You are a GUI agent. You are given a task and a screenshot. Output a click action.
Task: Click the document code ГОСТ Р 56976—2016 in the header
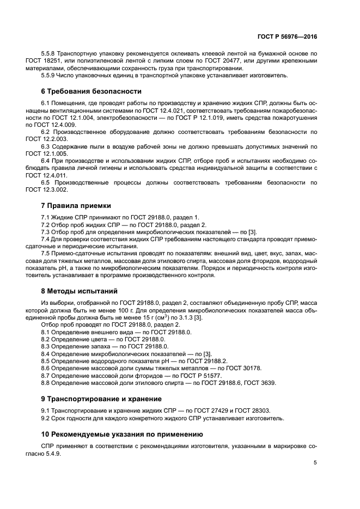(288, 36)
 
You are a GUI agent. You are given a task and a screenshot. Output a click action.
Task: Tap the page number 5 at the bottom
(315, 463)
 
